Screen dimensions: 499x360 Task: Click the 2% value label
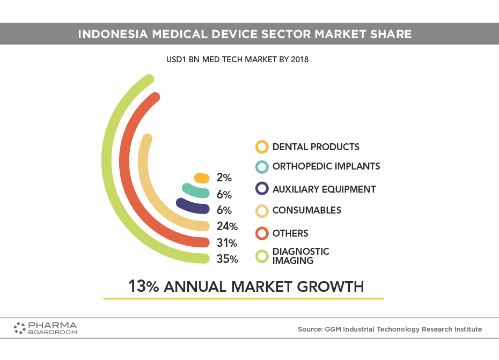[x=224, y=178]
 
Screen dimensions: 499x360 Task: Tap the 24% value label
[x=227, y=226]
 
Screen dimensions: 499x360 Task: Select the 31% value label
[x=227, y=243]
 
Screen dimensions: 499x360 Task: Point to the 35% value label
[x=227, y=259]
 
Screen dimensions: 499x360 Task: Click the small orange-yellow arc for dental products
[x=202, y=178]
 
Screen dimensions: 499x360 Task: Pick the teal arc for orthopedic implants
[x=195, y=190]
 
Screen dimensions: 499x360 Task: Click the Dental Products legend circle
[x=262, y=147]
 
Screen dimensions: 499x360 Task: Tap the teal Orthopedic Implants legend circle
[x=262, y=167]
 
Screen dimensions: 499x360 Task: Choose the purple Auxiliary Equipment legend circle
[x=262, y=188]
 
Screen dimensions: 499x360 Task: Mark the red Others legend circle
[x=262, y=233]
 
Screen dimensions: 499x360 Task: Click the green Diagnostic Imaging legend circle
[x=262, y=256]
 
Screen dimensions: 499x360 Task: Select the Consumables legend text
[x=307, y=210]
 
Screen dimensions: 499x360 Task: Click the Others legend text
[x=290, y=233]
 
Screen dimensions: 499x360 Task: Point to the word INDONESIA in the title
[x=113, y=34]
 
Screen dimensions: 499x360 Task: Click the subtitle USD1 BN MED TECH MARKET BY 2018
[x=237, y=60]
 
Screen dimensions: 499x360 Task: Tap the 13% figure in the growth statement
[x=143, y=286]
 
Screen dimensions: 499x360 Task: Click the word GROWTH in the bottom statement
[x=331, y=286]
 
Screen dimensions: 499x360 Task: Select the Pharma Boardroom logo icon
[x=19, y=328]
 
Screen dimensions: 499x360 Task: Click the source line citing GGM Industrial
[x=390, y=329]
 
